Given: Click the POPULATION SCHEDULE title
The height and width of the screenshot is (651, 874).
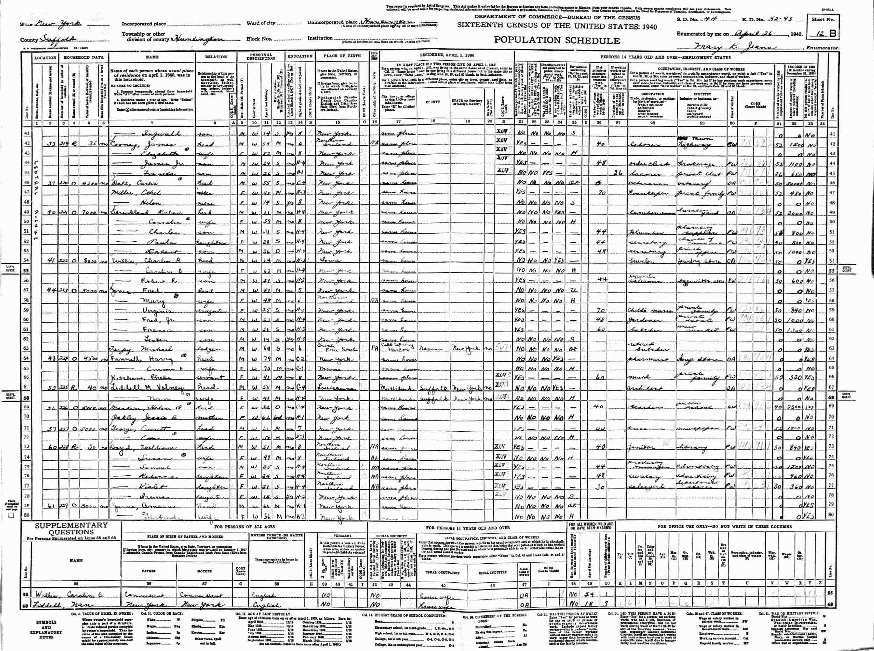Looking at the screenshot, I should click(x=557, y=40).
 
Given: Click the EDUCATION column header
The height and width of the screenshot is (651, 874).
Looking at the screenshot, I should click(x=300, y=56).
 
